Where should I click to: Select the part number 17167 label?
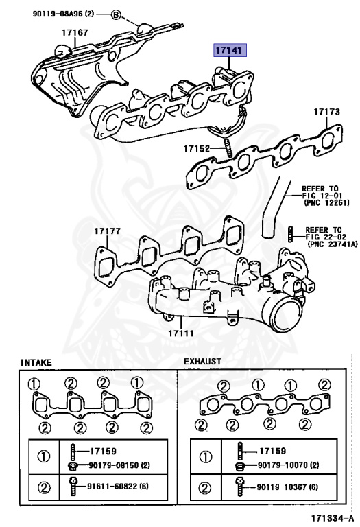coord(75,32)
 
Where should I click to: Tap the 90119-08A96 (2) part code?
coord(64,14)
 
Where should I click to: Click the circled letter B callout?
coord(115,15)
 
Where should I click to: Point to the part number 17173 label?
coord(327,112)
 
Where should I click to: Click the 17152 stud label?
coord(196,148)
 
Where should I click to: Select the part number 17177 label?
coord(107,231)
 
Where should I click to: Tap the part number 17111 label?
coord(180,333)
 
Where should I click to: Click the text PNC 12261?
coord(327,203)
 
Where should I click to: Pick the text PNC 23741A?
coord(333,244)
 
